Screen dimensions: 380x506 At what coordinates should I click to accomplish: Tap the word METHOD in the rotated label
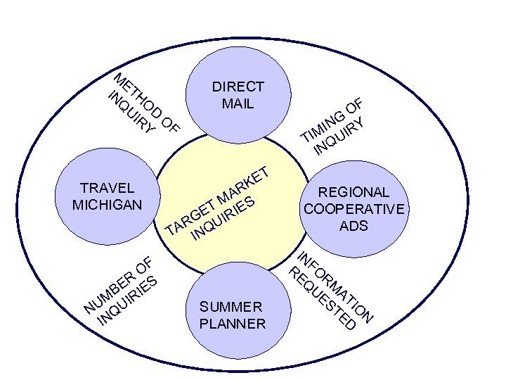pyautogui.click(x=139, y=95)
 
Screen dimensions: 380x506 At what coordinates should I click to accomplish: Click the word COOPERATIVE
pyautogui.click(x=354, y=210)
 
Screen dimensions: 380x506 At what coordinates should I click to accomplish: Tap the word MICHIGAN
pyautogui.click(x=108, y=205)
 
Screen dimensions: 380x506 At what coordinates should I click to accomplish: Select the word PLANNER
pyautogui.click(x=233, y=324)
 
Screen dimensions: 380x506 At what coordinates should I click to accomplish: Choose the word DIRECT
pyautogui.click(x=238, y=87)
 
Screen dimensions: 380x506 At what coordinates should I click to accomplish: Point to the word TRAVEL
pyautogui.click(x=108, y=188)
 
